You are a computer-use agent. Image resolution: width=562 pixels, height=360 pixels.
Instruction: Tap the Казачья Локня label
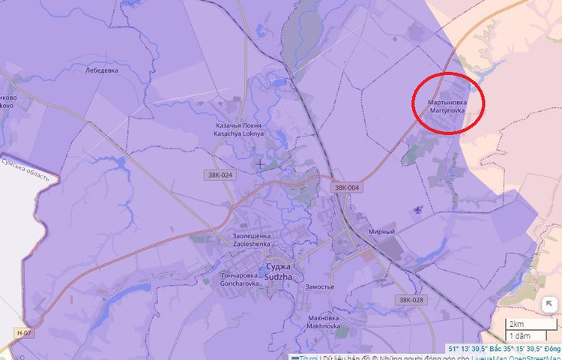[x=239, y=125]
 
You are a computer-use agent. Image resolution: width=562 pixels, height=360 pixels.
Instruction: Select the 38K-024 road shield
[x=218, y=175]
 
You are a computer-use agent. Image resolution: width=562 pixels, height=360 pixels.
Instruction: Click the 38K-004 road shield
[x=347, y=187]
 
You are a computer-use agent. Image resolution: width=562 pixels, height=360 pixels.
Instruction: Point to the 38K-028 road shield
[x=411, y=300]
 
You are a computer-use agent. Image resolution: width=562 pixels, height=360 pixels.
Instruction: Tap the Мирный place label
[x=381, y=232]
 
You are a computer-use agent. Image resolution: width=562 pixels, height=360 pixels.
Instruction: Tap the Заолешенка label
[x=252, y=235]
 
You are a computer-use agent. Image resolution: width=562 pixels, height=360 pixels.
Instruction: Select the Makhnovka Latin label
[x=324, y=327]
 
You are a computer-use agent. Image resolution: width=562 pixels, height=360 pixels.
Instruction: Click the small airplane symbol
[x=417, y=209]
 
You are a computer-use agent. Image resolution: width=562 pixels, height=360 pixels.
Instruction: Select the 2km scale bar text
[x=516, y=323]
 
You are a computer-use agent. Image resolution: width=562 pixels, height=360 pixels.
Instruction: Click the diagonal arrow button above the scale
[x=549, y=304]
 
